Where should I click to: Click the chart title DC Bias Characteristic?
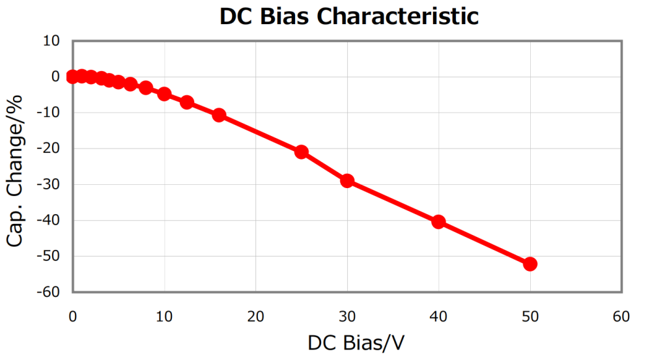pos(348,16)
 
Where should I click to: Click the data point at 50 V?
pos(530,264)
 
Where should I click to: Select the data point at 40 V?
pos(438,222)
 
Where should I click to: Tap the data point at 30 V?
pos(347,180)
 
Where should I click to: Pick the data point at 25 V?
pos(302,152)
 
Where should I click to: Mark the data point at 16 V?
pos(219,115)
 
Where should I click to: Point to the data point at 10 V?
pos(164,94)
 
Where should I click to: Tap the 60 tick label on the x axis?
pos(621,316)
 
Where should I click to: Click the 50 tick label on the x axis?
pos(530,316)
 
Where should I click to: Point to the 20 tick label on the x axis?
pos(256,316)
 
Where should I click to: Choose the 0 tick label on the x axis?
pos(73,316)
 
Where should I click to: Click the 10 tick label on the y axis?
pos(51,41)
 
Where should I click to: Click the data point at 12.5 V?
pos(187,102)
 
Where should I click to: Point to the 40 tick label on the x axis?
pos(438,316)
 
